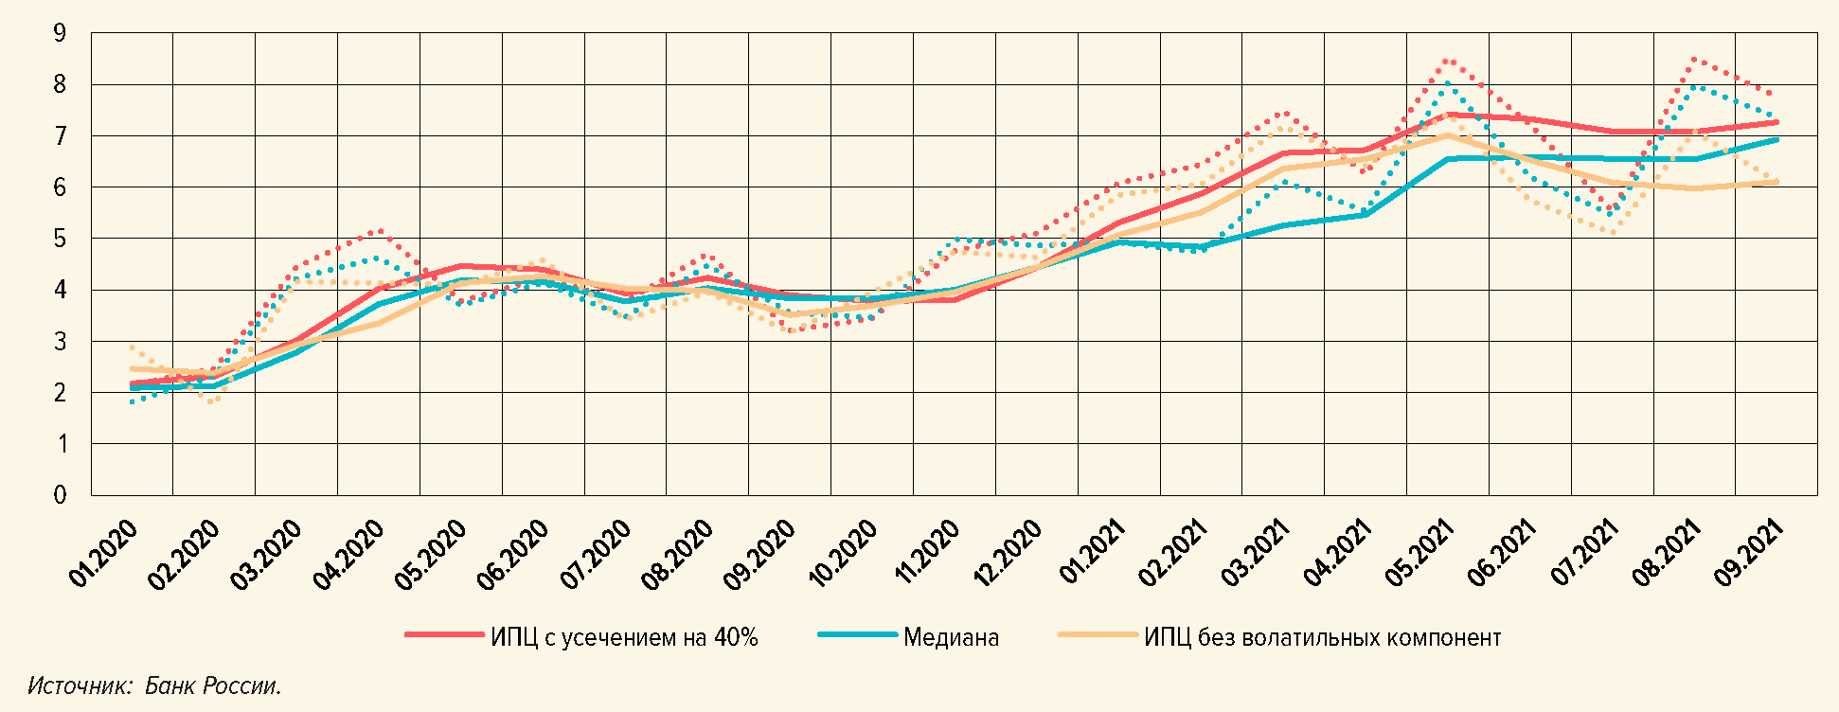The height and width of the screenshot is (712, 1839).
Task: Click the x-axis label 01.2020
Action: [103, 555]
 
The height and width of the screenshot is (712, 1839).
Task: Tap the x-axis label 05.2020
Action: [432, 555]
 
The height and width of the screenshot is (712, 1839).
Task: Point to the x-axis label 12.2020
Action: [1008, 555]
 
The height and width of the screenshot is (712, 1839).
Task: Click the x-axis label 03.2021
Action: [1255, 555]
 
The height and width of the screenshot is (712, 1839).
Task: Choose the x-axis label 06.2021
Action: [1501, 555]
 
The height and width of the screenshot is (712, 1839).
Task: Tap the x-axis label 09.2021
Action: [1748, 555]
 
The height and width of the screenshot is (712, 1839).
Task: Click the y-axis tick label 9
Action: [61, 34]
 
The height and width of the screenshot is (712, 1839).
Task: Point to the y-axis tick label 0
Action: [61, 495]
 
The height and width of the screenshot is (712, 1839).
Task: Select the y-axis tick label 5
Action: [61, 239]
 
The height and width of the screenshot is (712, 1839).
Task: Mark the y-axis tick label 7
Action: [61, 136]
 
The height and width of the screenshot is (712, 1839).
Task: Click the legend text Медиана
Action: [951, 637]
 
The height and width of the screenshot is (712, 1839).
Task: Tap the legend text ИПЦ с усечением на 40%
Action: [624, 637]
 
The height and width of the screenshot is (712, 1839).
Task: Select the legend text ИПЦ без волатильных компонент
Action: [1322, 637]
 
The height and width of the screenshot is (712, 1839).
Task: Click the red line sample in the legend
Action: [444, 635]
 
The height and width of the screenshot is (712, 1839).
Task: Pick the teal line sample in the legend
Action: [857, 635]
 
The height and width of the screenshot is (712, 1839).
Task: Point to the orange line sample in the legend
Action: [1098, 635]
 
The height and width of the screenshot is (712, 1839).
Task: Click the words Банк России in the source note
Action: [212, 686]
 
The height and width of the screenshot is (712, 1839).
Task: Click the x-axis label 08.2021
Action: [1666, 555]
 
